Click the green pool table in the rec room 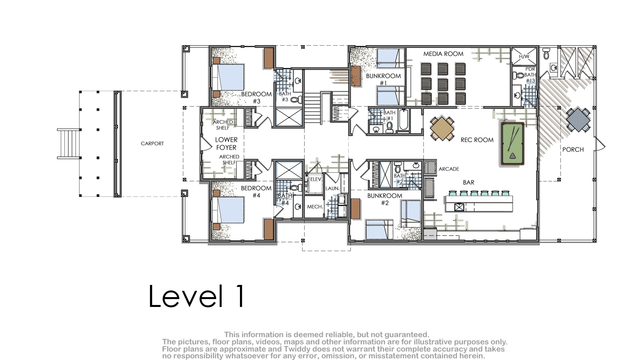(x=513, y=144)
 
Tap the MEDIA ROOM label (x=443, y=54)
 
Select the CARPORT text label (x=152, y=143)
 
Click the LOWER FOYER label (x=226, y=143)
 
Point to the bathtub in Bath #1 (x=404, y=119)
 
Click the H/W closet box (x=524, y=56)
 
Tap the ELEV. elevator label (x=316, y=179)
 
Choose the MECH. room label (x=315, y=206)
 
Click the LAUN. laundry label (x=333, y=188)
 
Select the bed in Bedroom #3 (x=228, y=77)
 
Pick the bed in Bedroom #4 (x=228, y=209)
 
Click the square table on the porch (x=578, y=120)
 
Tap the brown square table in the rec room (x=442, y=128)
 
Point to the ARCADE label (x=449, y=169)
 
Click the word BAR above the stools (x=469, y=182)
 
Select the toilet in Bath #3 (x=296, y=100)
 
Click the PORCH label (x=573, y=149)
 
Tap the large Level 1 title (x=196, y=296)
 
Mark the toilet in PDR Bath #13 (x=518, y=75)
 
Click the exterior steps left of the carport (x=69, y=143)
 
